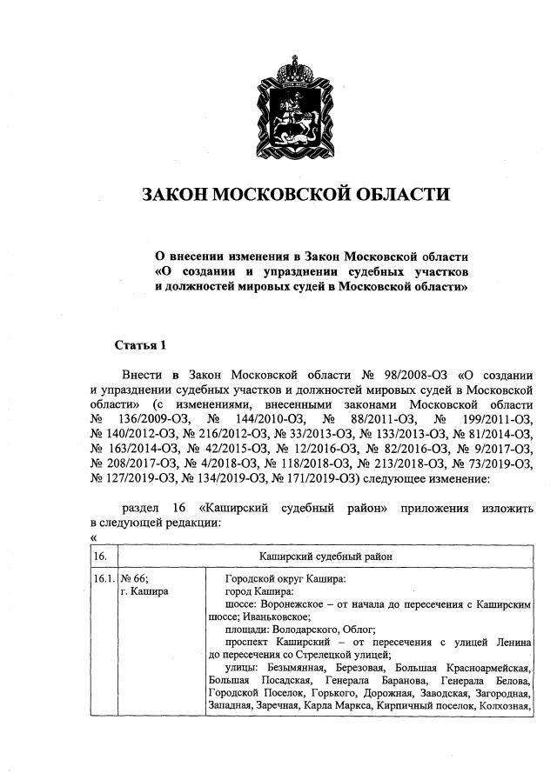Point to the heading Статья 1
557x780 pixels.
pyautogui.click(x=140, y=345)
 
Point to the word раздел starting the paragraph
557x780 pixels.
pyautogui.click(x=142, y=508)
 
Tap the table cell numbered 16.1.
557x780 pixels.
pyautogui.click(x=103, y=578)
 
